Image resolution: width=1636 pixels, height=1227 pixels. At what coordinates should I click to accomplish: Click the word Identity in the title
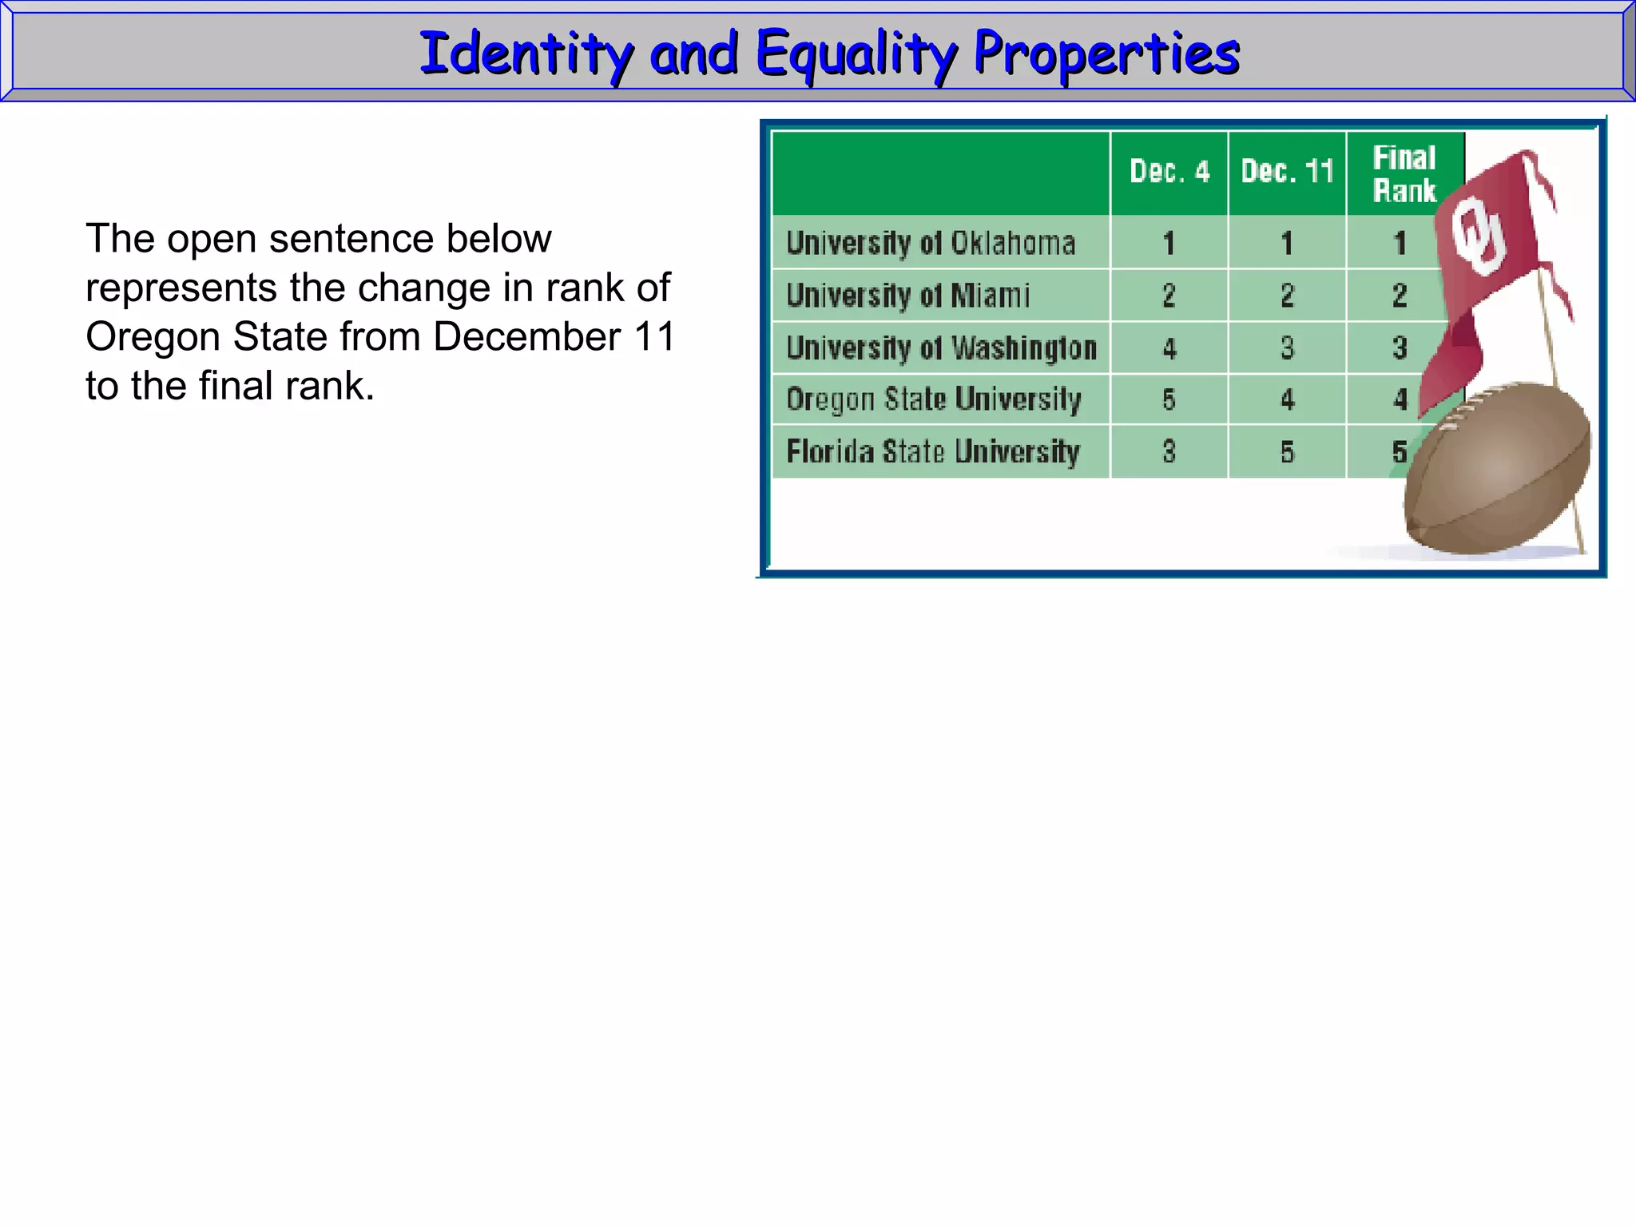click(x=526, y=54)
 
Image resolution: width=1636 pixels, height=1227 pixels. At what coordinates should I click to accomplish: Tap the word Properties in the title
click(x=1106, y=54)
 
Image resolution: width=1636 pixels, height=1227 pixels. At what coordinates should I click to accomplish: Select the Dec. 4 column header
click(x=1169, y=172)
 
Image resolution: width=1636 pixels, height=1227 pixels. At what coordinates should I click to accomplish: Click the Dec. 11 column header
click(x=1287, y=172)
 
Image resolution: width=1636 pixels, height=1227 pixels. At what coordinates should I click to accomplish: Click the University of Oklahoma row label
click(x=931, y=243)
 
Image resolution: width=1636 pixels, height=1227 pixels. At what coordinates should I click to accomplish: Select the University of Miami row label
click(x=908, y=296)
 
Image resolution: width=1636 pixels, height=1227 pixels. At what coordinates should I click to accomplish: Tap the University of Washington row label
click(x=941, y=348)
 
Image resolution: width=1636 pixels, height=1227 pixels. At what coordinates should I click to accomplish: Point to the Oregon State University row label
click(x=933, y=399)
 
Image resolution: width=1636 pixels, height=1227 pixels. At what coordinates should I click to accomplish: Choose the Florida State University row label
click(x=933, y=452)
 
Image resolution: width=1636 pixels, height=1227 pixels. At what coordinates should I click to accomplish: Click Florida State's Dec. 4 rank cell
click(x=1169, y=452)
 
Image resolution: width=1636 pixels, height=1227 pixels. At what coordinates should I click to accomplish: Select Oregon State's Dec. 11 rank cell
click(x=1287, y=399)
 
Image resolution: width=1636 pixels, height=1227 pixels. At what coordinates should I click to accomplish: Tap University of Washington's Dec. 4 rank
click(x=1169, y=348)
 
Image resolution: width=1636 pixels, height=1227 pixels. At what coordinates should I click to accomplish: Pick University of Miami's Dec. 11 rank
click(x=1287, y=296)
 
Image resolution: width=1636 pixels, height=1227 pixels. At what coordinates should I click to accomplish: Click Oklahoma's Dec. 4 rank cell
click(x=1169, y=243)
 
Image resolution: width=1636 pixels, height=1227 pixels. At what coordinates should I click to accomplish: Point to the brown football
click(x=1498, y=471)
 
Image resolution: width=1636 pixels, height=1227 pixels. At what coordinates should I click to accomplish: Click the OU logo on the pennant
click(x=1478, y=236)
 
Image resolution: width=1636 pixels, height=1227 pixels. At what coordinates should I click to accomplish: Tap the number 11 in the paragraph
click(x=654, y=336)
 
